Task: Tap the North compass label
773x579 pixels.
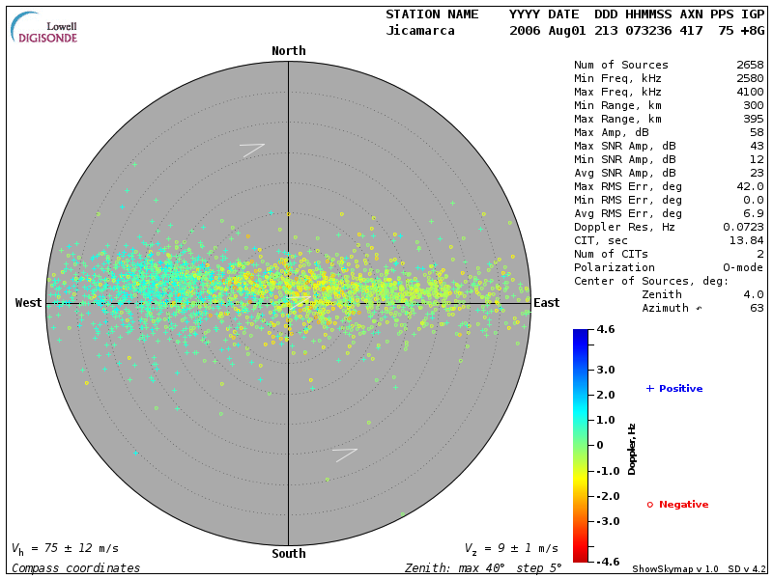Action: click(288, 51)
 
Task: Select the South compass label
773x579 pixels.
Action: click(288, 554)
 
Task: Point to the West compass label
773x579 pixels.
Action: click(29, 303)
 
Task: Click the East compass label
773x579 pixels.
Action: click(546, 303)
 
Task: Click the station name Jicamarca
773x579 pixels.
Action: click(419, 31)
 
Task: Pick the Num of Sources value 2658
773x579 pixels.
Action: click(750, 66)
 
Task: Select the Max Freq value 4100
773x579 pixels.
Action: click(750, 93)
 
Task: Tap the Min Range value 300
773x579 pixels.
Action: click(754, 106)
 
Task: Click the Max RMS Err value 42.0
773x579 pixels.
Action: click(750, 186)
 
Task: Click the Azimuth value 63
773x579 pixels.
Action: click(757, 308)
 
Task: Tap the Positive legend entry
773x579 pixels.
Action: click(674, 389)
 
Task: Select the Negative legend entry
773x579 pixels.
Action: click(677, 505)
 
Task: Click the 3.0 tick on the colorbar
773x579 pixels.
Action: click(606, 370)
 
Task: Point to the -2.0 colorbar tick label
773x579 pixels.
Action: click(606, 496)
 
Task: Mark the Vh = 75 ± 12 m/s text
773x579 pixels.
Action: click(65, 548)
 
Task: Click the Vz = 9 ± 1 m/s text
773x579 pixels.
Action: click(511, 548)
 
